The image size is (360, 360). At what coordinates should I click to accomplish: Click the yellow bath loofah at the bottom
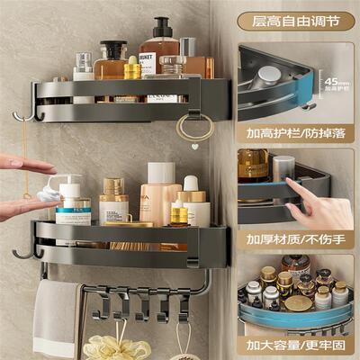pyautogui.click(x=117, y=347)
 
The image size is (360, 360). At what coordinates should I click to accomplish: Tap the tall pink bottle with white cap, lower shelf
pyautogui.click(x=160, y=193)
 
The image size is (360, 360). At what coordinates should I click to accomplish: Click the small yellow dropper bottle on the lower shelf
pyautogui.click(x=180, y=211)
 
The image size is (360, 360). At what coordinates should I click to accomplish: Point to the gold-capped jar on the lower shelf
pyautogui.click(x=113, y=202)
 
